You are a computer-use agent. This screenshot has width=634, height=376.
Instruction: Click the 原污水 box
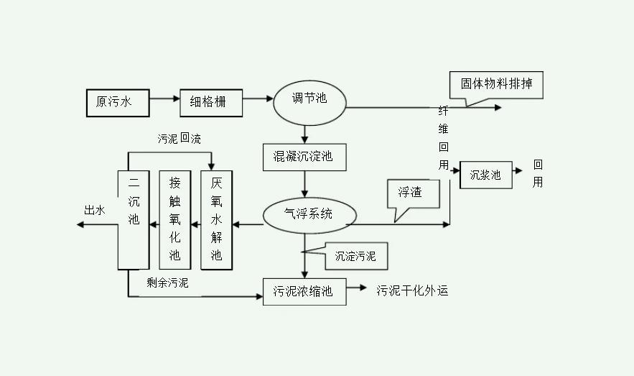pyautogui.click(x=118, y=101)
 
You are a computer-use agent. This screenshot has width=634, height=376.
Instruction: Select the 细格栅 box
pyautogui.click(x=211, y=101)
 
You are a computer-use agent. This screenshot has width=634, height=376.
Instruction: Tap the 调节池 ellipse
pyautogui.click(x=309, y=99)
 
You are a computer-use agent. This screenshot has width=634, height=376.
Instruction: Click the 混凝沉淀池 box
pyautogui.click(x=304, y=157)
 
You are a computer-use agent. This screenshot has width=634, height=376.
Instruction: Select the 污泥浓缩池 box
pyautogui.click(x=304, y=291)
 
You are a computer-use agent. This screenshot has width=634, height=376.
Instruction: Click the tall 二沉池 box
pyautogui.click(x=133, y=219)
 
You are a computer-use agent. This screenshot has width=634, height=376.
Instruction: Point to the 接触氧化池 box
pyautogui.click(x=174, y=219)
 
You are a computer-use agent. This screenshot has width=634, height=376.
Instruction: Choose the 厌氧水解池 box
pyautogui.click(x=217, y=219)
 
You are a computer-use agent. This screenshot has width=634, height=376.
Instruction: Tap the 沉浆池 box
pyautogui.click(x=486, y=175)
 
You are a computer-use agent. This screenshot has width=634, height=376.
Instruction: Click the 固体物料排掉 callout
pyautogui.click(x=496, y=84)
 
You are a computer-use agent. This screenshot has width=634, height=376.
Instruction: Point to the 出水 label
pyautogui.click(x=95, y=210)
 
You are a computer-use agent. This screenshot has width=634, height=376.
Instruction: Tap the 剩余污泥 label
pyautogui.click(x=167, y=283)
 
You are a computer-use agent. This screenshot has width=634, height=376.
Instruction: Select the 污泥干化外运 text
pyautogui.click(x=412, y=291)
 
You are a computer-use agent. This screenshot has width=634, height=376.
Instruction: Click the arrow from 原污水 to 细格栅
pyautogui.click(x=166, y=101)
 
